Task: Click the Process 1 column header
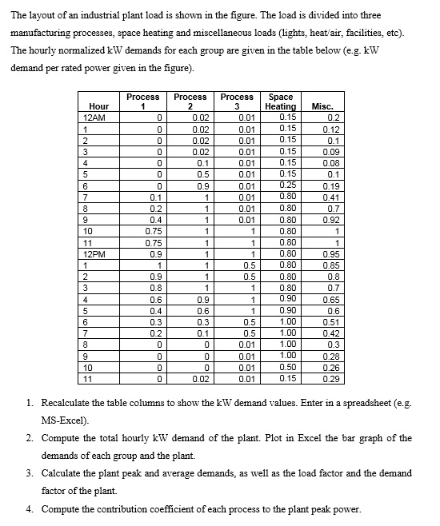[143, 102]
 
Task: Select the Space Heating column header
[280, 102]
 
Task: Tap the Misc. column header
[322, 106]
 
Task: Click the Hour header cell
[98, 106]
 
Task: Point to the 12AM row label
[94, 117]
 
